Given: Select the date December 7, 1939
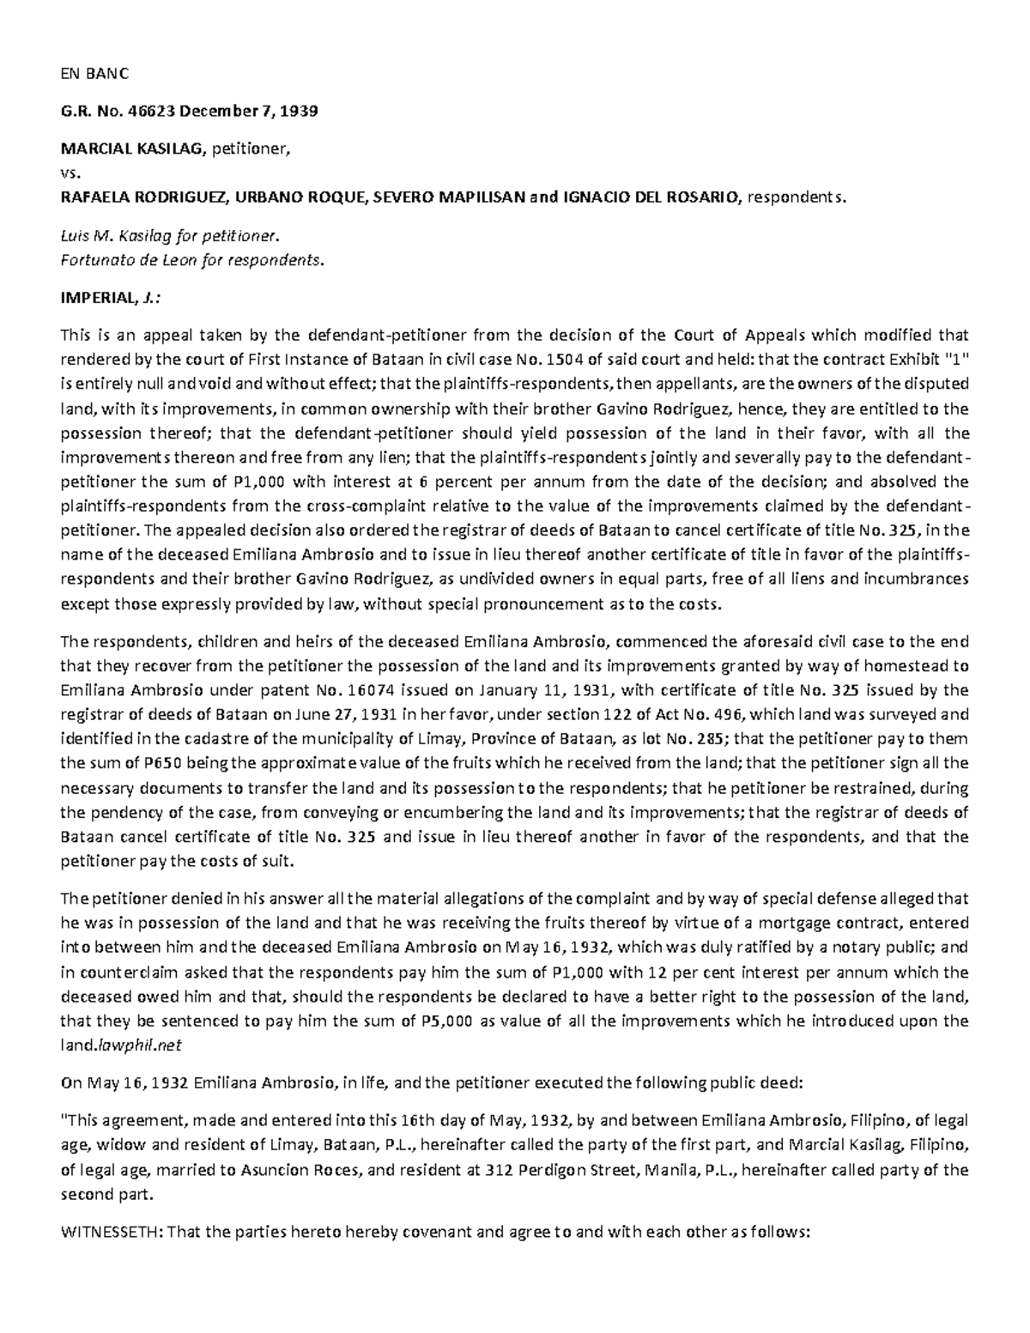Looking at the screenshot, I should pos(245,112).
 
